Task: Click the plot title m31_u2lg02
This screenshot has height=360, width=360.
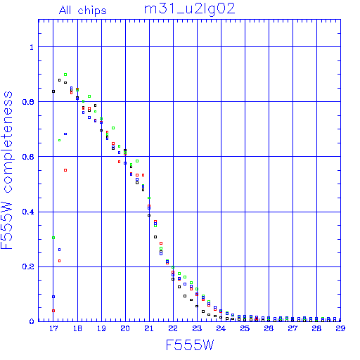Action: [x=189, y=10]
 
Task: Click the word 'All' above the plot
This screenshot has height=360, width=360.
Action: [x=65, y=11]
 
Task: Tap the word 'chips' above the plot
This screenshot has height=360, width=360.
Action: [x=92, y=11]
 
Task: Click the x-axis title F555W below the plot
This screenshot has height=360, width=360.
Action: [x=190, y=345]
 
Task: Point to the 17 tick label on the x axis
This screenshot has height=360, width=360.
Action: [x=53, y=328]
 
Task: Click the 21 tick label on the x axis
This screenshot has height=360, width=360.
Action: [x=149, y=328]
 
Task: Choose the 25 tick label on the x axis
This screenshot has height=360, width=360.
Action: [x=245, y=328]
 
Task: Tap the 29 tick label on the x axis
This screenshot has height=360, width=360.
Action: [x=340, y=328]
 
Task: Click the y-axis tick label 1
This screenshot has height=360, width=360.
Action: [x=32, y=47]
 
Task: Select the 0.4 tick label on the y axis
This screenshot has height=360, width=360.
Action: [x=28, y=212]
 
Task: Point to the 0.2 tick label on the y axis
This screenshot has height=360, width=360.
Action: [x=28, y=266]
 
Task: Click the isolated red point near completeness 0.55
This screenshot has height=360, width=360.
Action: [x=65, y=170]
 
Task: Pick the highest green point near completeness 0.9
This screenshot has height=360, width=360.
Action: [x=65, y=75]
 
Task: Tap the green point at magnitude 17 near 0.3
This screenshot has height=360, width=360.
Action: [x=53, y=238]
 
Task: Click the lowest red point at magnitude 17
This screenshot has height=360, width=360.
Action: [x=53, y=311]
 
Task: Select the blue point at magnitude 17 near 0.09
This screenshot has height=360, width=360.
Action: [x=53, y=297]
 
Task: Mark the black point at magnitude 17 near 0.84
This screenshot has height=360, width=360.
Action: [x=53, y=91]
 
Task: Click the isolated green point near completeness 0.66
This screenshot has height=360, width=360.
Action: [x=59, y=141]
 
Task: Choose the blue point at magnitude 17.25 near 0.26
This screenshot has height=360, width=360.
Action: [x=59, y=250]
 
